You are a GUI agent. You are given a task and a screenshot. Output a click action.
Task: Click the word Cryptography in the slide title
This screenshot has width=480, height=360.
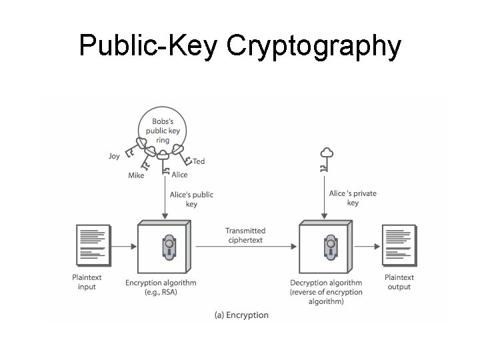coord(313,46)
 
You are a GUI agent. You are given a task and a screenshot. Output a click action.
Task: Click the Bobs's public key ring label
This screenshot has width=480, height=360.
coord(163,131)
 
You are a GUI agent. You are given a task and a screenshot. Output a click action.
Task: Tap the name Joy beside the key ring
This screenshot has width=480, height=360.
coord(115,156)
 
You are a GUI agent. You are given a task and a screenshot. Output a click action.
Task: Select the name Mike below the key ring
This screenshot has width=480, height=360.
coord(136,176)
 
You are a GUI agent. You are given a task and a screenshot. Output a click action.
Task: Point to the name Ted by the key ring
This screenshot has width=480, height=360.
coord(199,161)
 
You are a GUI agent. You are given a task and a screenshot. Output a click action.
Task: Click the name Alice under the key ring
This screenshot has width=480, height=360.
coord(179,175)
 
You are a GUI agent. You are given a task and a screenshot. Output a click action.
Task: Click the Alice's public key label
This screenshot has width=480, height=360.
coord(191,199)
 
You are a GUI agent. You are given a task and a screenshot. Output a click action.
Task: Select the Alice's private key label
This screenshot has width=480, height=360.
coord(353,198)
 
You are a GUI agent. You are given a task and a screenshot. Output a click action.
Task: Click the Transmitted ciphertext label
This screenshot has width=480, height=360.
coord(245,235)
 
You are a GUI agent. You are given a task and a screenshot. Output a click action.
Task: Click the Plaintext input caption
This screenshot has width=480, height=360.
coord(87,282)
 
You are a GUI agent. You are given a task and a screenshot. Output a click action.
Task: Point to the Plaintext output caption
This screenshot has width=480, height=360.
coord(399,282)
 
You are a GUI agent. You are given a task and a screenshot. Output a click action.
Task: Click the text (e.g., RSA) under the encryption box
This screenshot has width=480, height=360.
coord(161,292)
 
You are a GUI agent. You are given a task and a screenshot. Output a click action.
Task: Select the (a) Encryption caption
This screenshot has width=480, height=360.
coord(241,315)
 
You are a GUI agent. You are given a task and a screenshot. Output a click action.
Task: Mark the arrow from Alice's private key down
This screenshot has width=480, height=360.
coord(325,200)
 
